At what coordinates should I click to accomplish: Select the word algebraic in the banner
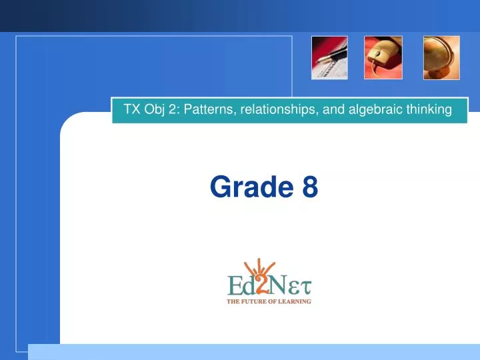coord(371,109)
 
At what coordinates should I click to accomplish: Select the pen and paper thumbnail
coord(329,57)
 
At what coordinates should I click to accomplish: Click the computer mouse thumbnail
coord(383,57)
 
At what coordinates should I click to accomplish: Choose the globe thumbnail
coord(441,57)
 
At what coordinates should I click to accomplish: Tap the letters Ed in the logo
coord(239,286)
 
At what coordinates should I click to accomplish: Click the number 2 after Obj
coord(171,109)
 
